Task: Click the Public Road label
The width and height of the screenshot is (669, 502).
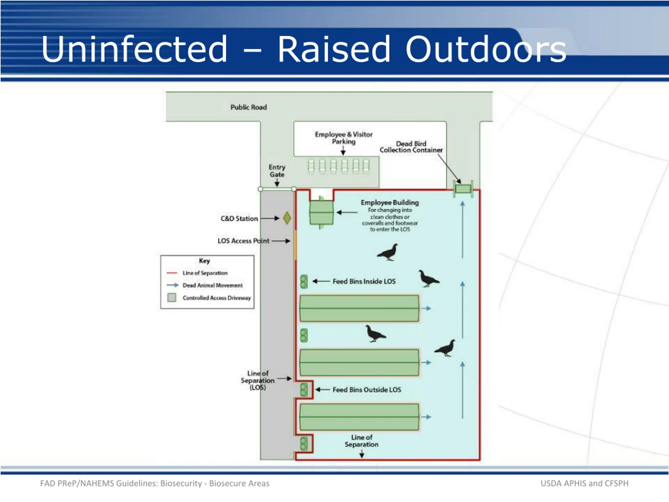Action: coord(249,107)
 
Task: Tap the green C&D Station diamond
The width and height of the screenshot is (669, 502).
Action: coord(287,218)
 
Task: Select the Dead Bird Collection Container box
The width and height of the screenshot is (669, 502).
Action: coord(463,189)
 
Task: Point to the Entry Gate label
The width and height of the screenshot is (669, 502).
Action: coord(277,171)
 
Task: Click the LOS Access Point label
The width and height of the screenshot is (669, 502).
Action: coord(244,241)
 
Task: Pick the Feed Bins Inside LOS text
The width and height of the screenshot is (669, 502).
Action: coord(364,281)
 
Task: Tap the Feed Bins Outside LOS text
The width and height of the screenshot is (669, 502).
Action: coord(367,390)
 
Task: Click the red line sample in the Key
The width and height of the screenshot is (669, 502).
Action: coord(172,273)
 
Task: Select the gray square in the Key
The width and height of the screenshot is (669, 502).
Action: coord(172,298)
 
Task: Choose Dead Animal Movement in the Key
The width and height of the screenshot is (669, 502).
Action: coord(213,285)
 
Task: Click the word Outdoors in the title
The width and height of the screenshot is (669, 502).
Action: coord(486,49)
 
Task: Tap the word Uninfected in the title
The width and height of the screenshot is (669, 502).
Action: coord(134,49)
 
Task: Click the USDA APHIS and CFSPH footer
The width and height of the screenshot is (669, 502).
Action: coord(584,483)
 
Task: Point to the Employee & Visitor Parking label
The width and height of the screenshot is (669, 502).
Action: coord(344,138)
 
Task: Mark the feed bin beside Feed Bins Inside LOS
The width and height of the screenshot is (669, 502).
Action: coord(304,281)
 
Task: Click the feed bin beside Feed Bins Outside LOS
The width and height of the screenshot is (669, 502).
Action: coord(304,390)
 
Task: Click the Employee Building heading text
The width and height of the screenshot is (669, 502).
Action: coord(390,202)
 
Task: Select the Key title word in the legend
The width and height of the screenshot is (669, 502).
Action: coord(204,261)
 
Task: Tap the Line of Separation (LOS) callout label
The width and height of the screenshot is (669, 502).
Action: coord(258,380)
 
